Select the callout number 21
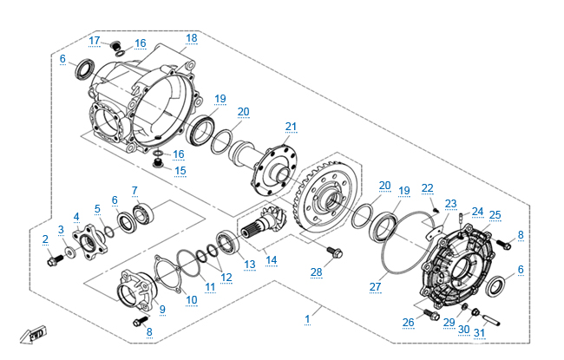point(291,127)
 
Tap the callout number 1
point(307,319)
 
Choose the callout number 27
point(375,285)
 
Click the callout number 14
point(272,259)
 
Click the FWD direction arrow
point(33,335)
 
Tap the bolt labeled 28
point(333,253)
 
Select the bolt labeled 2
point(52,259)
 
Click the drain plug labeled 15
point(159,161)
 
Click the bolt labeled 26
point(429,313)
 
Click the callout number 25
point(495,214)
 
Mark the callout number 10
point(192,299)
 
